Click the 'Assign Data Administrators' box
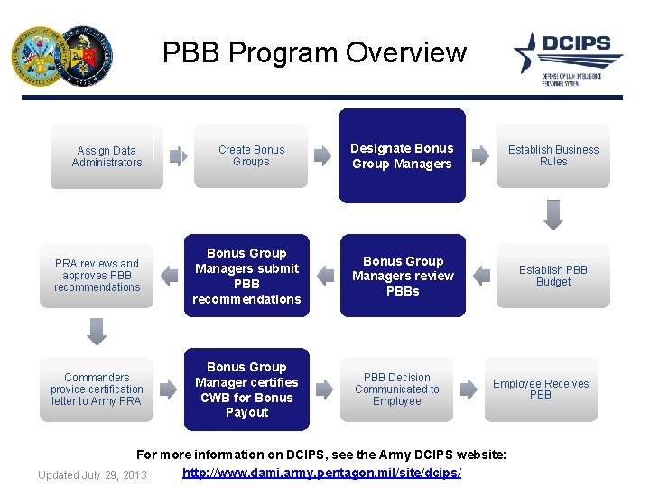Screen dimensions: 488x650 pyautogui.click(x=107, y=156)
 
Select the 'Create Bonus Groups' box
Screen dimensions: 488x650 pyautogui.click(x=251, y=156)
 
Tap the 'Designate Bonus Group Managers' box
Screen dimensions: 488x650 pyautogui.click(x=402, y=156)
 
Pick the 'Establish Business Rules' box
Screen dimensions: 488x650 pyautogui.click(x=552, y=156)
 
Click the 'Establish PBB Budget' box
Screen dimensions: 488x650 pyautogui.click(x=552, y=276)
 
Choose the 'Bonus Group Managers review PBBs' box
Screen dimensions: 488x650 pyautogui.click(x=403, y=276)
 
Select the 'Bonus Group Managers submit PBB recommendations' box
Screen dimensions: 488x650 pyautogui.click(x=246, y=276)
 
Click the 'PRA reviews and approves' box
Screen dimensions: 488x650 pyautogui.click(x=97, y=276)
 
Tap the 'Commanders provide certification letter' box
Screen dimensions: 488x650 pyautogui.click(x=97, y=389)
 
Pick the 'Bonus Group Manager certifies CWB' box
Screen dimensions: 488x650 pyautogui.click(x=246, y=389)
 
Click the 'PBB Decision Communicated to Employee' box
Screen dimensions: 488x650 pyautogui.click(x=396, y=389)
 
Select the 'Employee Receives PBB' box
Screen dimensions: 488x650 pyautogui.click(x=541, y=389)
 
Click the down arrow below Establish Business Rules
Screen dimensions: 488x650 pyautogui.click(x=553, y=215)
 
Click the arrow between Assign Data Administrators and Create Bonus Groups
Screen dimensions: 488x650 pyautogui.click(x=179, y=156)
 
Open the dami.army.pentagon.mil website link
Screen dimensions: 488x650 pyautogui.click(x=321, y=474)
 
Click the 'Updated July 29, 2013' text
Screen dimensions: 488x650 pyautogui.click(x=92, y=474)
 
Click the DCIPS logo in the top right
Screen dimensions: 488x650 pyautogui.click(x=569, y=56)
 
